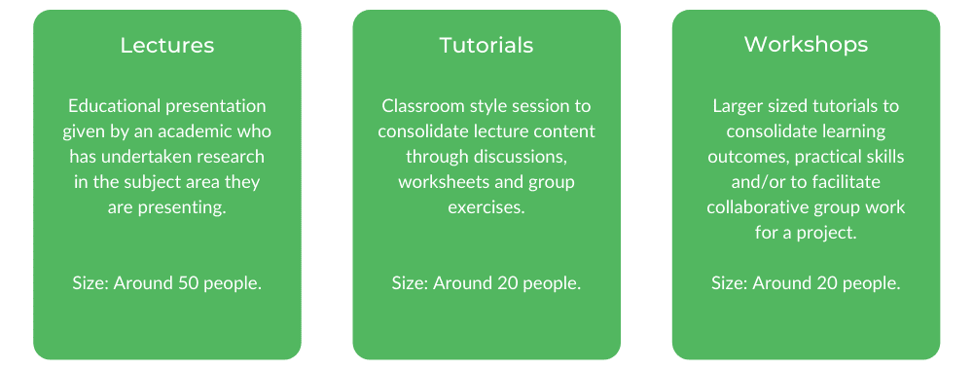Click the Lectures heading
[x=167, y=46]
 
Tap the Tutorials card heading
[x=486, y=46]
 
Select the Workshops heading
[x=806, y=45]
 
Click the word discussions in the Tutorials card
[x=525, y=157]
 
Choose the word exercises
[x=486, y=207]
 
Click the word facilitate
[x=854, y=182]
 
